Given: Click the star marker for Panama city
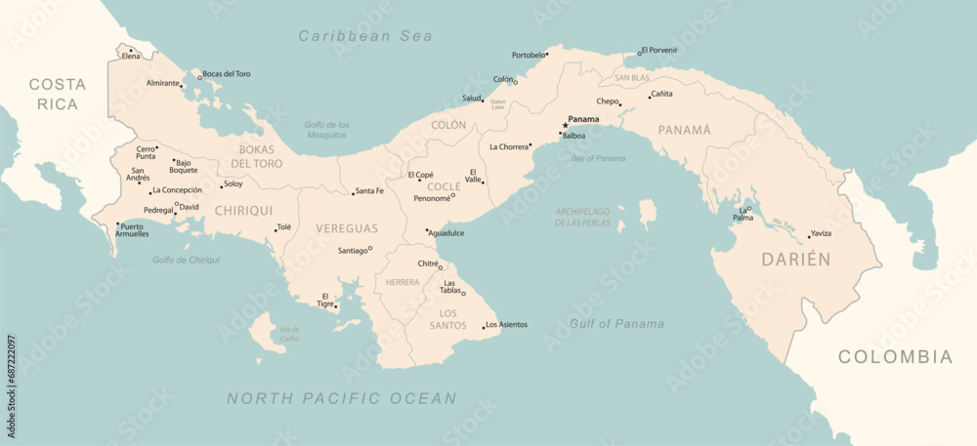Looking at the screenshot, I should coord(565,125).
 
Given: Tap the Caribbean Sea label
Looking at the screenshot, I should coord(365,36).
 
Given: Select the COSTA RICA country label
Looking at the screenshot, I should coord(57,94).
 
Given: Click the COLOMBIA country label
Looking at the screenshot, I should coord(894,357).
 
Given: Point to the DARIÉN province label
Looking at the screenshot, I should coord(796,260).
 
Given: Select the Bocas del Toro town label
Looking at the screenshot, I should coord(228,74).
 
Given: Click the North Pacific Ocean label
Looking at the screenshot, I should coord(341,398).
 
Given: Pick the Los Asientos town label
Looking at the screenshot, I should coord(507,324).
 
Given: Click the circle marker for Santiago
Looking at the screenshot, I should coord(369,249).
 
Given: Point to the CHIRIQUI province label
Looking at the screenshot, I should coord(243,210).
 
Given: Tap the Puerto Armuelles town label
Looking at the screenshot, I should coord(133,230).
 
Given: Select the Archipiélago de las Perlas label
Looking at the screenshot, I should coord(582,217).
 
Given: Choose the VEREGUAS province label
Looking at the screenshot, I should coord(346,228).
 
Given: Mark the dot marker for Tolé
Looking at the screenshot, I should coord(276,231).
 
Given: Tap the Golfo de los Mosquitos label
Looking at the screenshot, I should coord(326,129).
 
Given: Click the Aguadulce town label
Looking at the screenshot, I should coord(447,233).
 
